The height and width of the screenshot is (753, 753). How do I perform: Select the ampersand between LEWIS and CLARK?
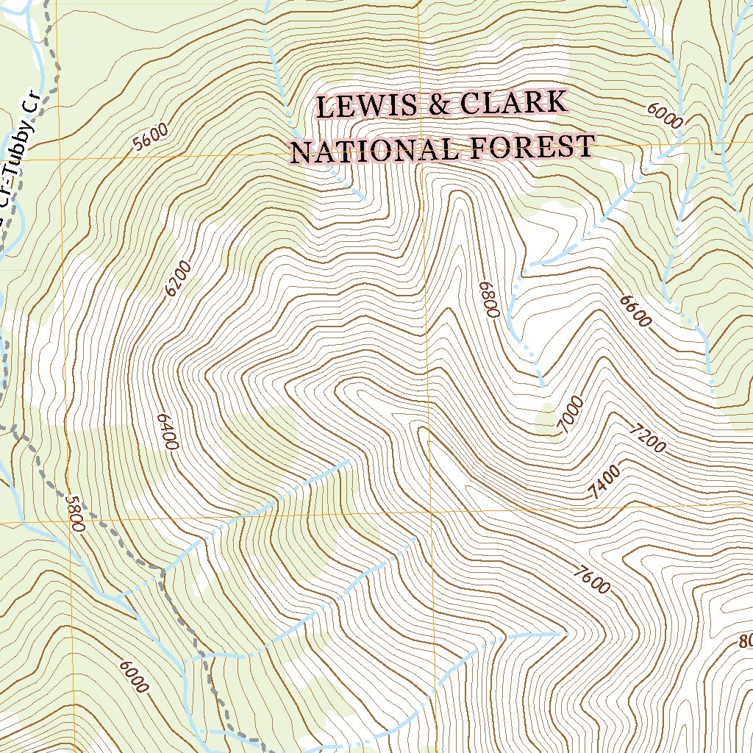pos(440,105)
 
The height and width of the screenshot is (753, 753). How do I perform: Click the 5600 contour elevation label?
pos(151,136)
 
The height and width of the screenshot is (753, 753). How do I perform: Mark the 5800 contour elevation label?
pos(75,512)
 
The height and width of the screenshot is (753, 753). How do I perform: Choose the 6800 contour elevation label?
pos(489,299)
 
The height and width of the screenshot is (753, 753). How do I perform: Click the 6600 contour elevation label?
pos(635,310)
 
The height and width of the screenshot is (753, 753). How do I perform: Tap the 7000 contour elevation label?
pos(571,415)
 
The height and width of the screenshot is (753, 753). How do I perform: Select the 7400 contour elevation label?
pos(605,482)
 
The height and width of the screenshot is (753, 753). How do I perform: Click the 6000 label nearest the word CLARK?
pos(665,114)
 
